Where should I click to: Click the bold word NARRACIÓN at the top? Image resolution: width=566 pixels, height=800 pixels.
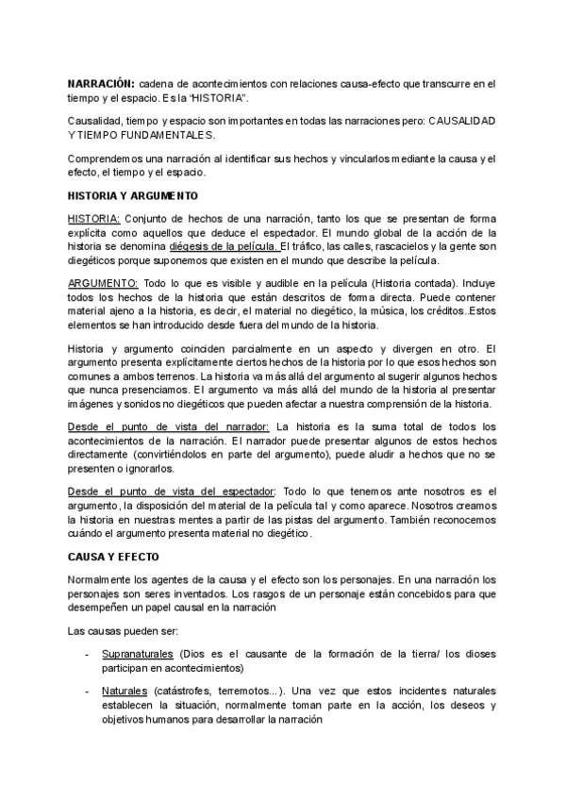[x=101, y=83]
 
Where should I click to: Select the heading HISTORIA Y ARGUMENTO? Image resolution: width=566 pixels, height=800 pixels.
[x=133, y=196]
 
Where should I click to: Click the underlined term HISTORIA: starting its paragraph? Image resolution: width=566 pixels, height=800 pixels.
[x=94, y=218]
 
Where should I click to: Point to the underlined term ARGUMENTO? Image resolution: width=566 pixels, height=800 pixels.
[x=104, y=283]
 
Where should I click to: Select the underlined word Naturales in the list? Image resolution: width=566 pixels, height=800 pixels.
[x=125, y=692]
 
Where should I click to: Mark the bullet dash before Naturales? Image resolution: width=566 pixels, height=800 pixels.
[x=88, y=692]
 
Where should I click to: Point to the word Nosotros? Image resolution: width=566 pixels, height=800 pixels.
[x=415, y=507]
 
